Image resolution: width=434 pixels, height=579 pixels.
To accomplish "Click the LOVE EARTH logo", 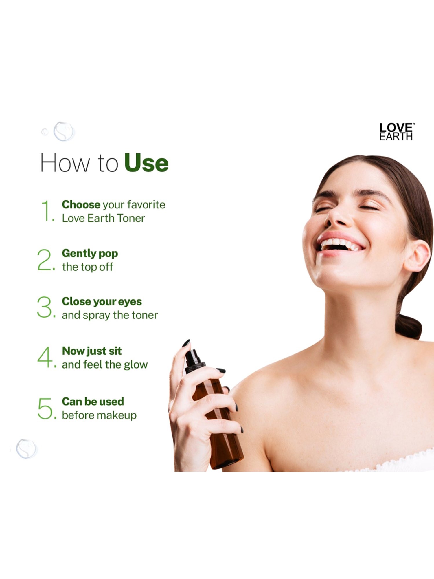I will click(x=396, y=132).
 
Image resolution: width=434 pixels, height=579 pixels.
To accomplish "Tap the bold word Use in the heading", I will click(x=146, y=163).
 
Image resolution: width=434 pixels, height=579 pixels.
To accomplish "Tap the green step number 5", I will click(x=45, y=408).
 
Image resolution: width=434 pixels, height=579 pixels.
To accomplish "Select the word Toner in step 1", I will click(x=130, y=218).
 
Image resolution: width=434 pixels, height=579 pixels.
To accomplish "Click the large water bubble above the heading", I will click(x=64, y=131).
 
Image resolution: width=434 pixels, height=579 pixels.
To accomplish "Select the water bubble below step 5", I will click(x=27, y=448).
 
